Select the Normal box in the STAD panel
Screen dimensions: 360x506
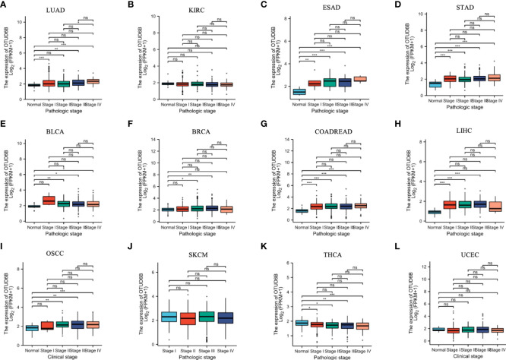click(413, 84)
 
